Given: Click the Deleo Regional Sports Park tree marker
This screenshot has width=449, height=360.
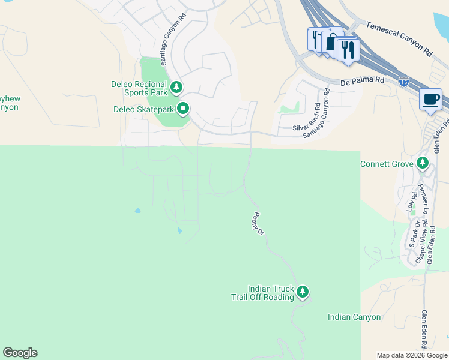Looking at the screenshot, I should tap(176, 88).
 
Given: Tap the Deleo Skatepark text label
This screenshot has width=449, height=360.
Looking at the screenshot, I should tap(143, 109).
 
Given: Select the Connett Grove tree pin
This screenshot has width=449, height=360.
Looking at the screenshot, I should tap(423, 163).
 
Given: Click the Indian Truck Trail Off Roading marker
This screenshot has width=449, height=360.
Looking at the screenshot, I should tap(303, 292).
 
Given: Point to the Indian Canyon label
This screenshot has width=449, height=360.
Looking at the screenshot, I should tap(354, 317).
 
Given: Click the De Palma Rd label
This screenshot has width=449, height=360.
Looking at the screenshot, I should tap(362, 80).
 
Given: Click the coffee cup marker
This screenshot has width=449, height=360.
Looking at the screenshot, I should tap(430, 100).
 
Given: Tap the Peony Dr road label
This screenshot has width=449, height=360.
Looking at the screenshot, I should tap(259, 223).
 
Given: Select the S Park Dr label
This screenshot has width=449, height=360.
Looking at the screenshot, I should tap(414, 233).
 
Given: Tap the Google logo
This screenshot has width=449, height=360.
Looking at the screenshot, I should tap(20, 353).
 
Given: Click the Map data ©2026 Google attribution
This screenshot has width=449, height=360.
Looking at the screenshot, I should tap(411, 355).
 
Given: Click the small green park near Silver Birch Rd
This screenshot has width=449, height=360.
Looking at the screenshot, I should tap(289, 109).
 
